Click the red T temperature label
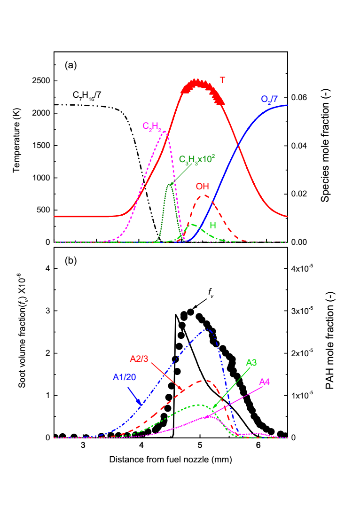click(x=222, y=80)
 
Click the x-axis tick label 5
click(x=200, y=445)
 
